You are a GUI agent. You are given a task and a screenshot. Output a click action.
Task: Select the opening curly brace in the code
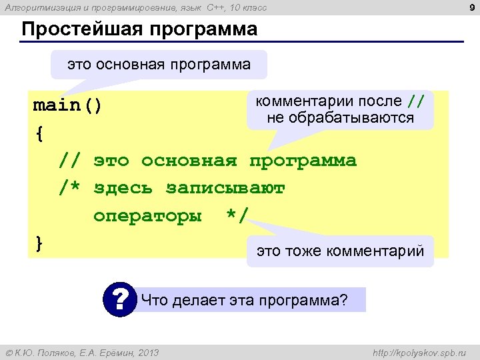(x=39, y=133)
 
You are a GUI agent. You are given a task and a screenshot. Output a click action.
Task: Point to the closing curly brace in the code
(x=39, y=243)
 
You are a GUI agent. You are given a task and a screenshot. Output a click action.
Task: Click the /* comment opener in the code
(x=70, y=189)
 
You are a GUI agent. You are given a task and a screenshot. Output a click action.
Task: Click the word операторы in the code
(x=147, y=216)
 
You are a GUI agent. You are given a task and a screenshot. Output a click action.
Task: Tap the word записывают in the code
(x=225, y=189)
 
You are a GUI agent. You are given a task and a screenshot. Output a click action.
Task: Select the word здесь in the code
(x=123, y=189)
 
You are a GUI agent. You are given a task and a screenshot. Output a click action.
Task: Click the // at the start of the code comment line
(x=70, y=161)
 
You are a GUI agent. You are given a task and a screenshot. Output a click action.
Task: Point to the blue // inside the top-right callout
(x=415, y=101)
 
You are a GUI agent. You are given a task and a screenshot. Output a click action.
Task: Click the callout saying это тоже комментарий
(x=340, y=251)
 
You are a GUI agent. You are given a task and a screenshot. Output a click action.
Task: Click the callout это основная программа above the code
(x=159, y=65)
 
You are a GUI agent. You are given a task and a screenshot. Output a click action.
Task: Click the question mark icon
(x=120, y=299)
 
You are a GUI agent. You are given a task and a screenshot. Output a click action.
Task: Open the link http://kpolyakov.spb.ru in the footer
(x=421, y=352)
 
